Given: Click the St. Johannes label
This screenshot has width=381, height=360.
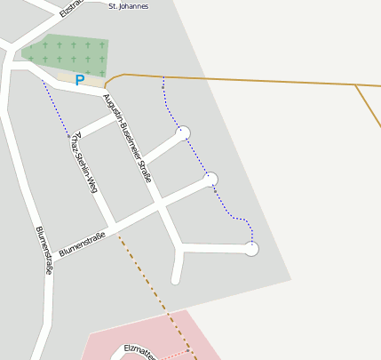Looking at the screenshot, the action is (x=128, y=6).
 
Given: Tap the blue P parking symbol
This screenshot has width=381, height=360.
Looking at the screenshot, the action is (x=79, y=81).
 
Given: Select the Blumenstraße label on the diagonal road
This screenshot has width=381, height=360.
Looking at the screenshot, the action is (x=82, y=245).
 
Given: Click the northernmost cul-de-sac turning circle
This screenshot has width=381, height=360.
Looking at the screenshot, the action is (x=184, y=133).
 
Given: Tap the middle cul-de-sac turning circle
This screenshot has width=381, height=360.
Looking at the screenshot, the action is (x=211, y=180).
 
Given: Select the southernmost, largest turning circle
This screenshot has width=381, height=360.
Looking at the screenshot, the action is (x=251, y=249).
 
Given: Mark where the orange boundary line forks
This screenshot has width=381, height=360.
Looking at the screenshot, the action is (x=356, y=85).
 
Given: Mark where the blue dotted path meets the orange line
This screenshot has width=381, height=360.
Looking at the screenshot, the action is (x=163, y=76).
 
